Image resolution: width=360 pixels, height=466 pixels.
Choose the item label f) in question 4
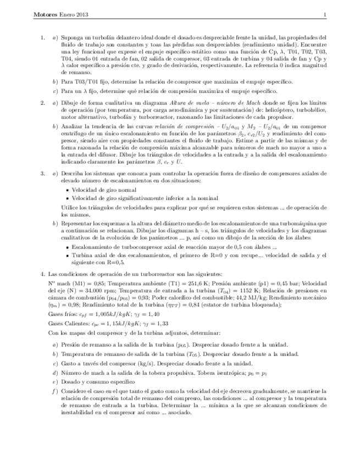point(54,391)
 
